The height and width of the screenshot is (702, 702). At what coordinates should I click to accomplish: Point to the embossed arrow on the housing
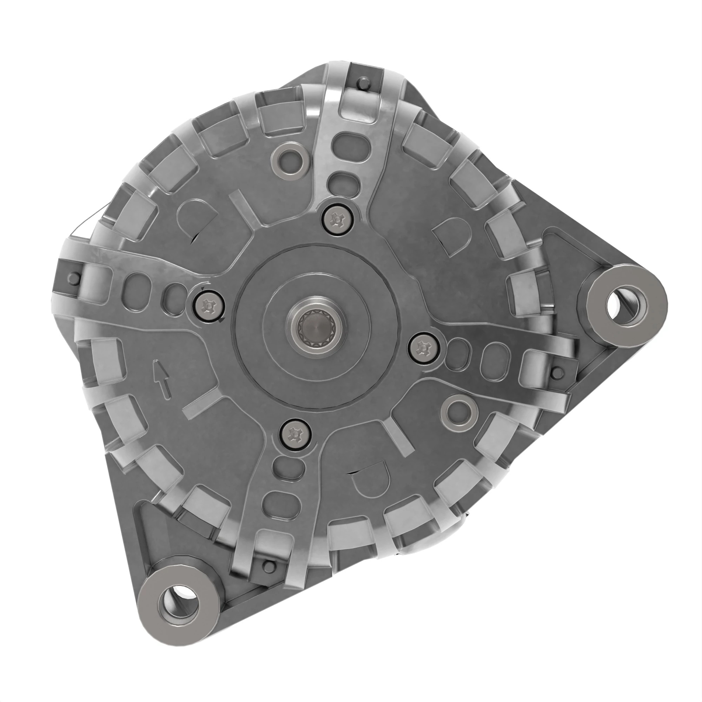point(161,379)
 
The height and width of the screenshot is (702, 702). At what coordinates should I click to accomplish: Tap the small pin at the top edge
point(362,82)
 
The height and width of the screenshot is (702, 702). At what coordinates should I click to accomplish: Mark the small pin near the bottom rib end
point(269,565)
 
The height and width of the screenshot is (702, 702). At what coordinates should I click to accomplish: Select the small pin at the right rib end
point(556,372)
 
